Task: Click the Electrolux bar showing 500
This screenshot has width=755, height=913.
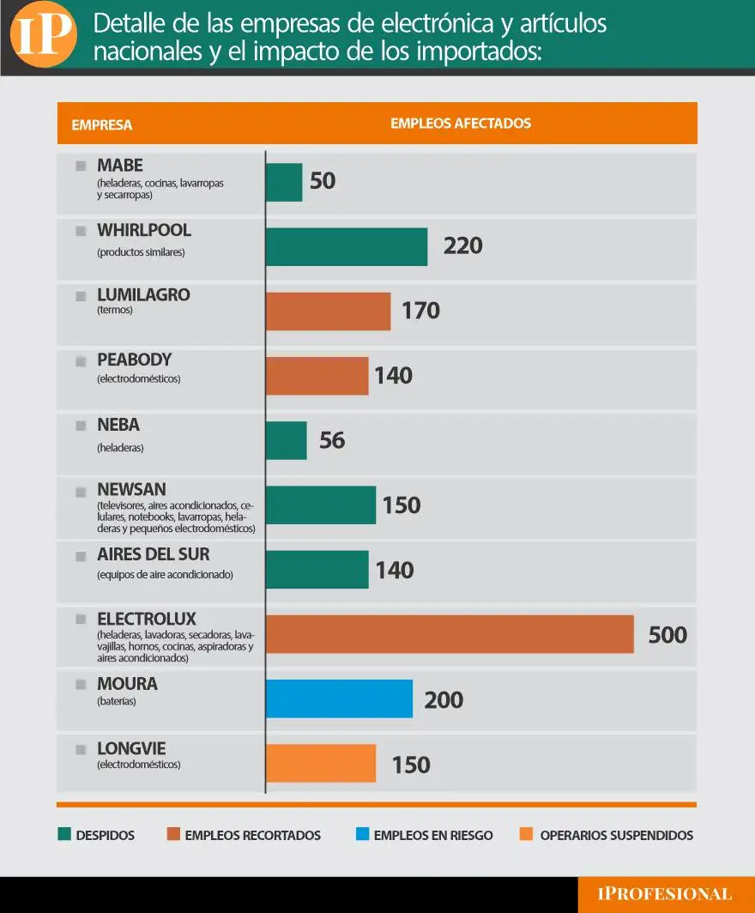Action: pyautogui.click(x=450, y=634)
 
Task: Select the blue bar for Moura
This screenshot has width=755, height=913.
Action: pyautogui.click(x=339, y=698)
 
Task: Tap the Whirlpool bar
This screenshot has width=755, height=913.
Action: pyautogui.click(x=347, y=246)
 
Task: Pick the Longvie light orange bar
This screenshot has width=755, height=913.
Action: pyautogui.click(x=321, y=764)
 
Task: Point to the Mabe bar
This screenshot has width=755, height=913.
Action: pyautogui.click(x=284, y=182)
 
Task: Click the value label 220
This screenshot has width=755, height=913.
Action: pyautogui.click(x=462, y=246)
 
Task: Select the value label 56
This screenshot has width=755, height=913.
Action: pyautogui.click(x=332, y=440)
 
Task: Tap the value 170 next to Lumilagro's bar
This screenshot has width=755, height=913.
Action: pyautogui.click(x=420, y=311)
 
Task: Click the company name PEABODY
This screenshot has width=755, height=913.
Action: pyautogui.click(x=134, y=360)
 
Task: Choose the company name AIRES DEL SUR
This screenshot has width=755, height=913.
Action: pyautogui.click(x=153, y=554)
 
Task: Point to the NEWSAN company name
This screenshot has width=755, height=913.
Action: pyautogui.click(x=131, y=489)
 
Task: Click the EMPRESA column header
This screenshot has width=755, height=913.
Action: pyautogui.click(x=101, y=124)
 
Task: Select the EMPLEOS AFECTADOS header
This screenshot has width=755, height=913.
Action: pyautogui.click(x=461, y=124)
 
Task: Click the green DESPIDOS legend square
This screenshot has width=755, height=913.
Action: pyautogui.click(x=63, y=835)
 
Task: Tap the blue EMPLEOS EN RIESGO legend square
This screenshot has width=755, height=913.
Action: pyautogui.click(x=361, y=835)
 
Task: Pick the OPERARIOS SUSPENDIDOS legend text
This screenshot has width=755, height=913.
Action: pyautogui.click(x=616, y=835)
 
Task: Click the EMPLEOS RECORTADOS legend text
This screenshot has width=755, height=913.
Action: pyautogui.click(x=252, y=835)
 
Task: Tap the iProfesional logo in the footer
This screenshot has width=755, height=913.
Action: pyautogui.click(x=665, y=894)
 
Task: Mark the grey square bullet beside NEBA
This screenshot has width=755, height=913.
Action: pyautogui.click(x=81, y=425)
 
